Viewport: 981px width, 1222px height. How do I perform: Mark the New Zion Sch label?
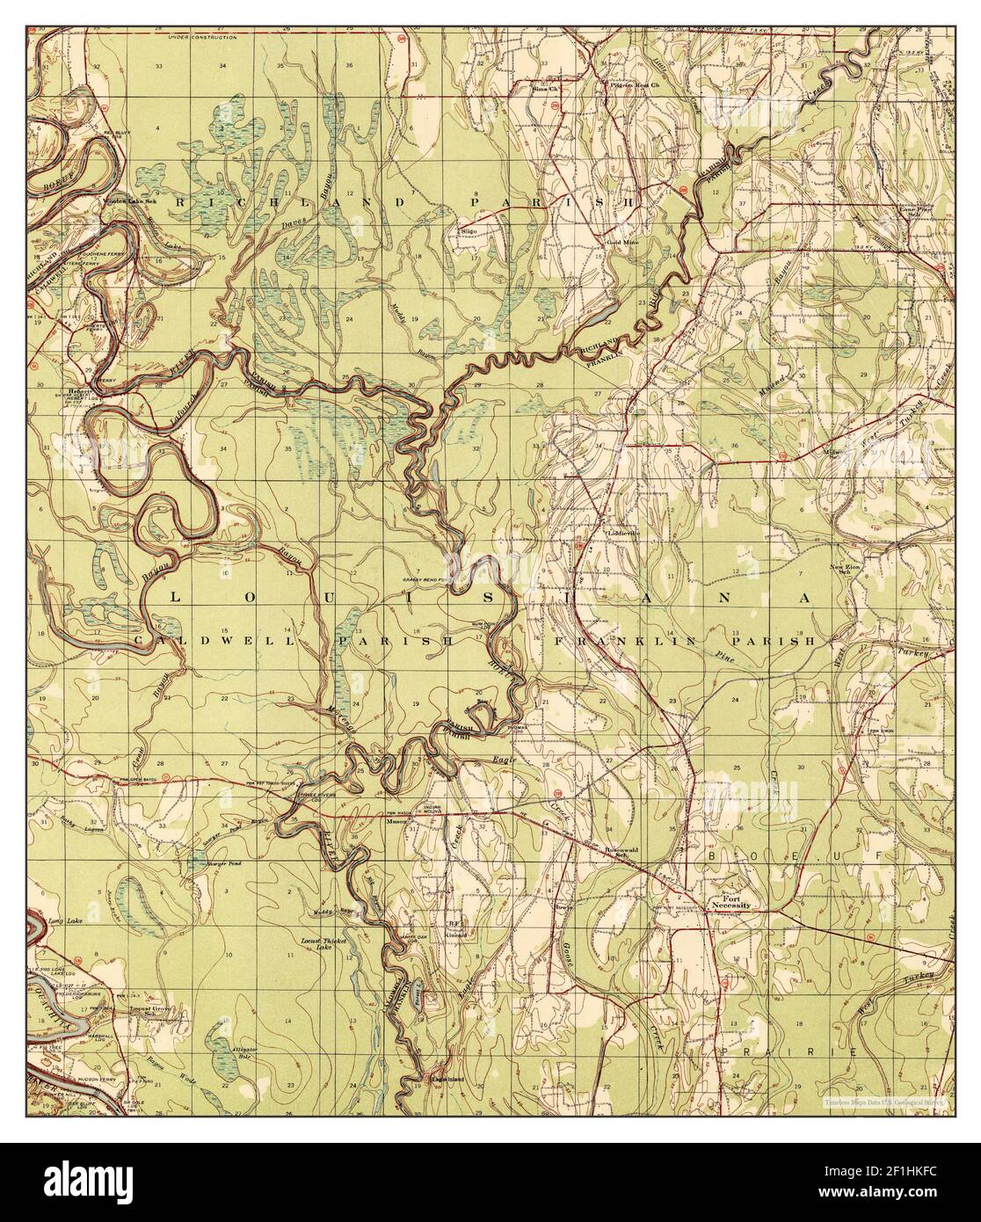coord(841,570)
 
